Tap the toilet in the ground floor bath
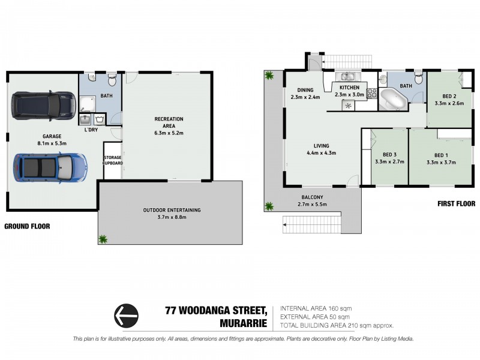coord(112,81)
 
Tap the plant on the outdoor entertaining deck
coord(103,239)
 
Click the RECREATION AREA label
coord(168,119)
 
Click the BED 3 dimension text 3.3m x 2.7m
coord(389,161)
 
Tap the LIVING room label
coord(322,145)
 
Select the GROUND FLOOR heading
coord(27,226)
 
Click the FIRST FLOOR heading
coord(455,204)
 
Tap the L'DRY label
coord(91,130)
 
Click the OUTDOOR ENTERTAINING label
coord(172,210)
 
